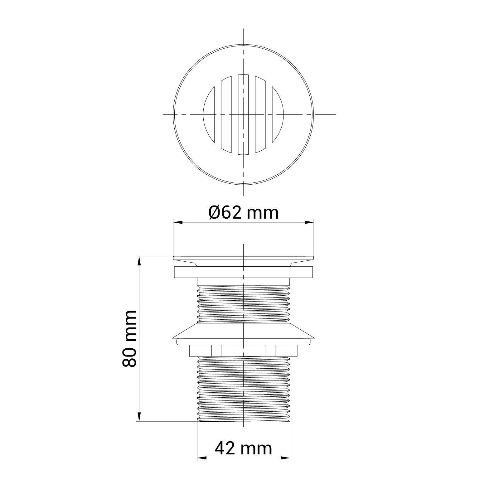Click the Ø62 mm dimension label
(243, 213)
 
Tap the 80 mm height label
(129, 338)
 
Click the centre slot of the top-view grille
(243, 114)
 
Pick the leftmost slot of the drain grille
(209, 114)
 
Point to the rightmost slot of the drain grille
(278, 114)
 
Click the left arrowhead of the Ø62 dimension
(178, 222)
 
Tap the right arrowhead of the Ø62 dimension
(309, 222)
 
